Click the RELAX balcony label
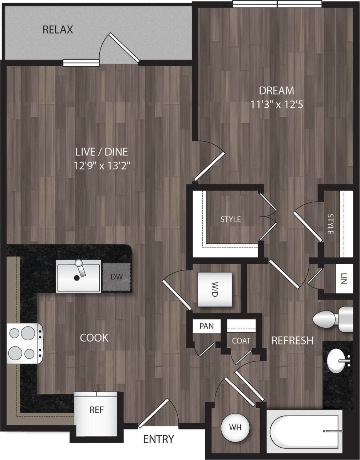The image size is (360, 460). point(58,29)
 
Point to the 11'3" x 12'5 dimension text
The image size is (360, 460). point(277,105)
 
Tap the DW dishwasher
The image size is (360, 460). point(116,277)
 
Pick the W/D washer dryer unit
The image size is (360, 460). point(214,289)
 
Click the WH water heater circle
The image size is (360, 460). point(235,427)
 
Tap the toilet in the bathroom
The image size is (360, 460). point(332,318)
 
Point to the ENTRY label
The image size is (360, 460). point(158,439)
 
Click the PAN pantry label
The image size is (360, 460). point(206,326)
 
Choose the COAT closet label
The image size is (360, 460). point(241,341)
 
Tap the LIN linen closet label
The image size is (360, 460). point(344,279)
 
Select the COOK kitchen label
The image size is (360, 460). point(94,338)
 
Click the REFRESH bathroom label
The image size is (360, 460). point(292,340)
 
